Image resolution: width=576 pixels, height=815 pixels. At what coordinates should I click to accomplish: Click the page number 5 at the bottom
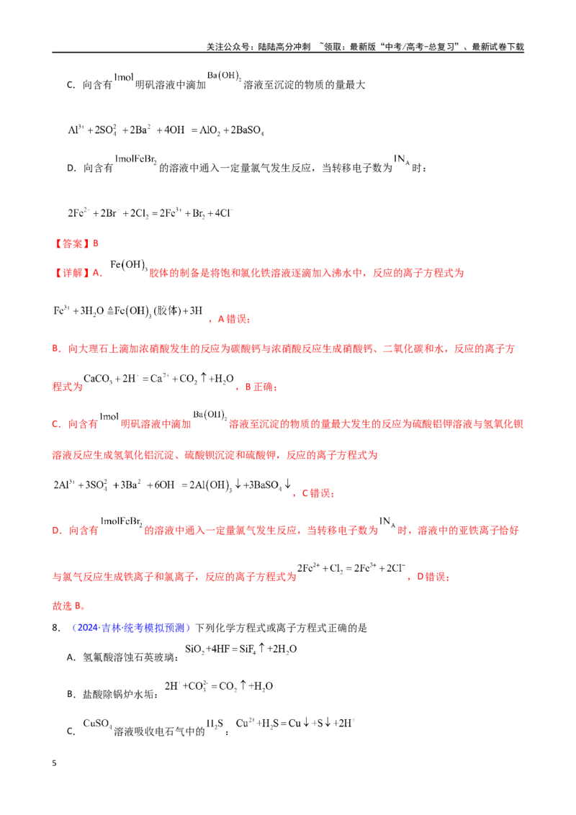point(54,763)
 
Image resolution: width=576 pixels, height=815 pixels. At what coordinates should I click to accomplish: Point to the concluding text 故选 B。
point(68,605)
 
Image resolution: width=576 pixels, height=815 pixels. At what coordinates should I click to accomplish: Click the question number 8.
point(56,628)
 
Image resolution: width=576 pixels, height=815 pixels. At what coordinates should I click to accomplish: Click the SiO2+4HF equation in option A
point(240,649)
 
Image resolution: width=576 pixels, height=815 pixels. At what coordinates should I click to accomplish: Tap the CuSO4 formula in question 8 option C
point(97,724)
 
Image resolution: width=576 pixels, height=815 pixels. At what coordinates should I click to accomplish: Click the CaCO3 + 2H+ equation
point(158,379)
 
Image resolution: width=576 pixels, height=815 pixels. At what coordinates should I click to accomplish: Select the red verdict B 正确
point(261,387)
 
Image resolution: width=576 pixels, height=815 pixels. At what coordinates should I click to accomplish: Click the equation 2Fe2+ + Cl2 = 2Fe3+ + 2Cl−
point(351,568)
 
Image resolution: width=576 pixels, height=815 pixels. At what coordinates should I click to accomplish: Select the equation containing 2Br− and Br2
point(150,213)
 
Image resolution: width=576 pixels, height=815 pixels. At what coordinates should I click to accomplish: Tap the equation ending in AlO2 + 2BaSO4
point(166,130)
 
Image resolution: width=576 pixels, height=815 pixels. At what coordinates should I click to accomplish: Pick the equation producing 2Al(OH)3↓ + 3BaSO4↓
point(172,485)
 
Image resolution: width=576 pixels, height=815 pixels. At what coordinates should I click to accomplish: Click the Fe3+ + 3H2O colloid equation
point(128,311)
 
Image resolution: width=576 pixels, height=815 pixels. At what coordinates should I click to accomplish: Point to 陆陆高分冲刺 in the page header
point(284,47)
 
